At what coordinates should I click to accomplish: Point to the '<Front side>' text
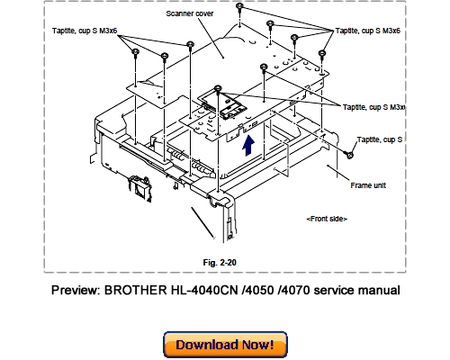[x=327, y=219]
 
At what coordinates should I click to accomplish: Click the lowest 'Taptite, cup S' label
[x=381, y=139]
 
